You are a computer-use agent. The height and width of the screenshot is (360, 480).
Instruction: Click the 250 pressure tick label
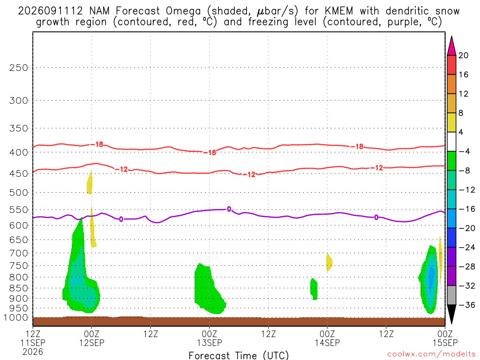tap(19, 67)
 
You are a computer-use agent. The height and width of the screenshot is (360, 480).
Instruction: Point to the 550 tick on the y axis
tap(19, 210)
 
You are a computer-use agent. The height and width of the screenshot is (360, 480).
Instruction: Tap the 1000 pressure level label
tap(16, 318)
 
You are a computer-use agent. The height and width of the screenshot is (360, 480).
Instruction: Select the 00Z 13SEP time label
tap(210, 338)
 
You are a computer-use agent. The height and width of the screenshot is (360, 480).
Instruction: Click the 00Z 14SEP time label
tap(327, 338)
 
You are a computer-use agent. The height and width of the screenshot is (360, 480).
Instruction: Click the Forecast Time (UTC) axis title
tap(239, 355)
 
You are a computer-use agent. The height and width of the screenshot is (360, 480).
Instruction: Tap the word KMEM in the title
tap(338, 11)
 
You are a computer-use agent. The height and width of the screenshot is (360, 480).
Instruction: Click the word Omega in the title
tap(183, 11)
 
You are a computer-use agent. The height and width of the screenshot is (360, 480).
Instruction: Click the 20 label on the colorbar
tap(464, 55)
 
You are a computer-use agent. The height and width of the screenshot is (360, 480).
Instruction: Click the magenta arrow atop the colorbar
tap(451, 46)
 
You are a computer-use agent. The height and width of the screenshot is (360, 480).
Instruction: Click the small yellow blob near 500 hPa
tap(90, 183)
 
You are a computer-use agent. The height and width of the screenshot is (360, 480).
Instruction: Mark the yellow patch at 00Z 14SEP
tap(329, 262)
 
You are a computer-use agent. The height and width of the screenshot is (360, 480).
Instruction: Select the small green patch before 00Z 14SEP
tap(314, 289)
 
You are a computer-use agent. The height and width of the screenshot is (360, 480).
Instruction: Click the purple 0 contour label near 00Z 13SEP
tap(229, 210)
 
